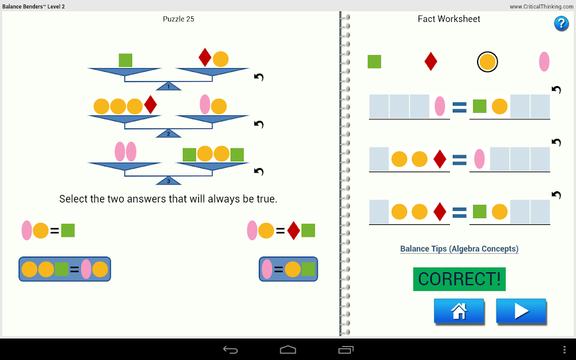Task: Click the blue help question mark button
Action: click(561, 24)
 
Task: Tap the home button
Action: click(459, 310)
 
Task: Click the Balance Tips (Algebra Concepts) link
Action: click(459, 249)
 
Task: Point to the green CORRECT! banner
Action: click(459, 279)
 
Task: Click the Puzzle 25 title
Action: click(178, 19)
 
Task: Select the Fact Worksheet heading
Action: click(449, 19)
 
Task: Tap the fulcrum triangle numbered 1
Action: click(169, 86)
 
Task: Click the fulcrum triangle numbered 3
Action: click(169, 181)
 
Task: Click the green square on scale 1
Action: click(125, 60)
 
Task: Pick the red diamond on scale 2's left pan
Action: click(151, 105)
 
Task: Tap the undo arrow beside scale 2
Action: click(259, 124)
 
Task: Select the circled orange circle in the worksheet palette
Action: click(488, 62)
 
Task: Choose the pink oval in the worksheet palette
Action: click(544, 61)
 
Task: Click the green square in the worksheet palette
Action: click(374, 62)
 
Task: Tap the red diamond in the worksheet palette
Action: click(430, 61)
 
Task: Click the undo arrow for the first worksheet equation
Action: click(556, 89)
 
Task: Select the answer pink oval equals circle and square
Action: click(289, 269)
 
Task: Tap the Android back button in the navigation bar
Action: click(230, 350)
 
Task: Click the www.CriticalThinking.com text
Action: click(541, 7)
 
